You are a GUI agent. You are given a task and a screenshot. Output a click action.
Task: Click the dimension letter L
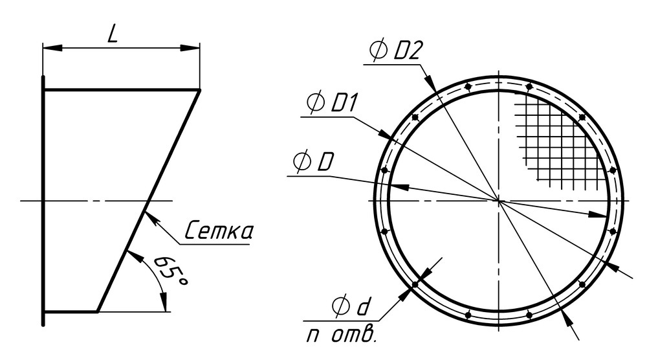pos(113,34)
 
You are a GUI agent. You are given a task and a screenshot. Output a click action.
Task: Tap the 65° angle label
pos(171,271)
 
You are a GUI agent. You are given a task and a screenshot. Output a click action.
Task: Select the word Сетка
pos(218,231)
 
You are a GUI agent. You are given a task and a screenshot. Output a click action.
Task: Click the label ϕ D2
pos(396,51)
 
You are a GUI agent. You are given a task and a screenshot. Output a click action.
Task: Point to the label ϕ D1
pos(332,103)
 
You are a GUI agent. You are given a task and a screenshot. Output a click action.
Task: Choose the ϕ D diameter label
pos(313,162)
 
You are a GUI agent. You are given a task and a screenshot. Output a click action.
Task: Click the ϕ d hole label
pos(351,306)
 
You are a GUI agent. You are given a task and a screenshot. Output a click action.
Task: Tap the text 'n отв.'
pos(342,335)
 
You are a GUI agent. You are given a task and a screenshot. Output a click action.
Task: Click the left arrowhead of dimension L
pos(52,48)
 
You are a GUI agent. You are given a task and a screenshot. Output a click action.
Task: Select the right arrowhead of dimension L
pos(190,48)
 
